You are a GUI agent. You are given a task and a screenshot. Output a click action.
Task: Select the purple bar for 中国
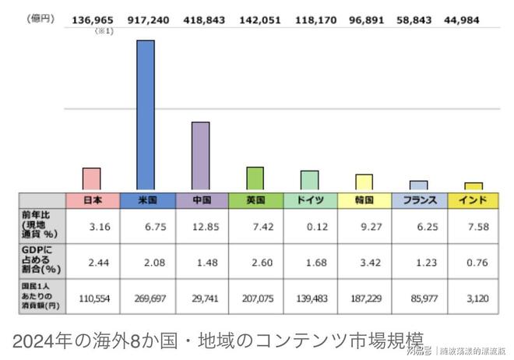[200, 156]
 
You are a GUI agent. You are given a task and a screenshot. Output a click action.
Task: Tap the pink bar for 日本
[92, 178]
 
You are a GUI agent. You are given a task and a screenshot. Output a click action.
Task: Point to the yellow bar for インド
[474, 186]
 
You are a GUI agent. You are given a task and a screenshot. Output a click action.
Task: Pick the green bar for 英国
[255, 178]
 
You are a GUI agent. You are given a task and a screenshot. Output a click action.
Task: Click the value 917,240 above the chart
[146, 17]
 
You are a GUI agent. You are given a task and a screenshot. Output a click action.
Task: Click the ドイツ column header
[310, 200]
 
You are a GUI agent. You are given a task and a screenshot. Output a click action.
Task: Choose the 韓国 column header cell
[364, 200]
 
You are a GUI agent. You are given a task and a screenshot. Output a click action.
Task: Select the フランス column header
[419, 200]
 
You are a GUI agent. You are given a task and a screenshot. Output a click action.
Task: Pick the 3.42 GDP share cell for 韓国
[364, 263]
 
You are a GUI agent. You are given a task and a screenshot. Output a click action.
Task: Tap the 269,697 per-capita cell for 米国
[146, 298]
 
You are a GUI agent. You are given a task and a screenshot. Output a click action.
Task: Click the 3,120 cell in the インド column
[474, 298]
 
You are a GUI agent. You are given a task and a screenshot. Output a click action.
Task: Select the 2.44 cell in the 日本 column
[92, 263]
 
